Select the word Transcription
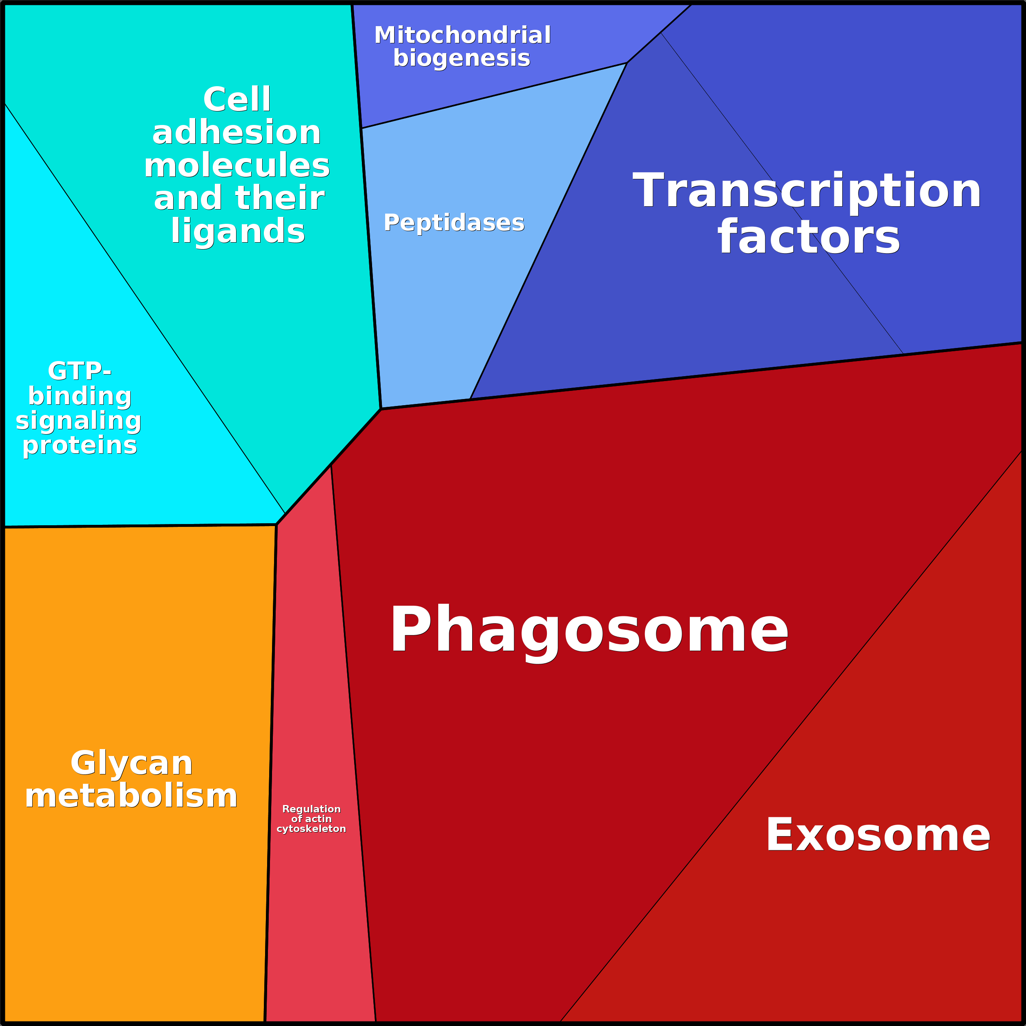coord(807,191)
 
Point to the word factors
coord(808,237)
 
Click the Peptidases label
coord(454,223)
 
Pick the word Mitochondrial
coord(462,36)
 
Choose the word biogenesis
coord(462,58)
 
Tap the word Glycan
coord(131,763)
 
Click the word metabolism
coord(131,796)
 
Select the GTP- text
coord(80,371)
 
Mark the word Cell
coord(237,99)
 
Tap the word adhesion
coord(237,132)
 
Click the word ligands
coord(238,231)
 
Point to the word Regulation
coord(311,809)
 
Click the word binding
coord(80,396)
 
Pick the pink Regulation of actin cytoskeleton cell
coord(319,929)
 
